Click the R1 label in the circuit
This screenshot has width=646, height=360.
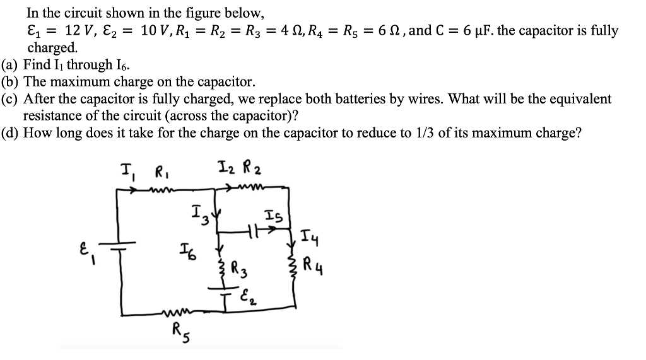161,172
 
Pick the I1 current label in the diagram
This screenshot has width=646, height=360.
127,171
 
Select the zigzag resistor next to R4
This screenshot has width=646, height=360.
293,263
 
